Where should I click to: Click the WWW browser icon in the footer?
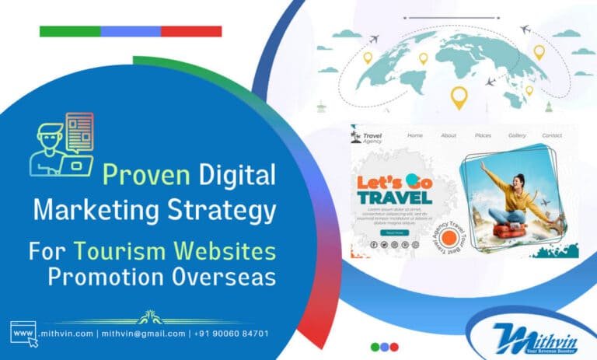pyautogui.click(x=23, y=332)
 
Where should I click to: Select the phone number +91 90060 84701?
pyautogui.click(x=232, y=334)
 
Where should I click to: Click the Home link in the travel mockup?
pyautogui.click(x=415, y=136)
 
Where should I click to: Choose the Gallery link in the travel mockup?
pyautogui.click(x=517, y=136)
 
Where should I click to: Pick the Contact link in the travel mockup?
pyautogui.click(x=552, y=136)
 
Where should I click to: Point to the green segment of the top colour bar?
pyautogui.click(x=70, y=31)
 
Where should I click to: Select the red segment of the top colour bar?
pyautogui.click(x=191, y=31)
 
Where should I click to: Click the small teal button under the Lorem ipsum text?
pyautogui.click(x=394, y=232)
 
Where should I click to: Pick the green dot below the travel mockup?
pyautogui.click(x=376, y=347)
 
